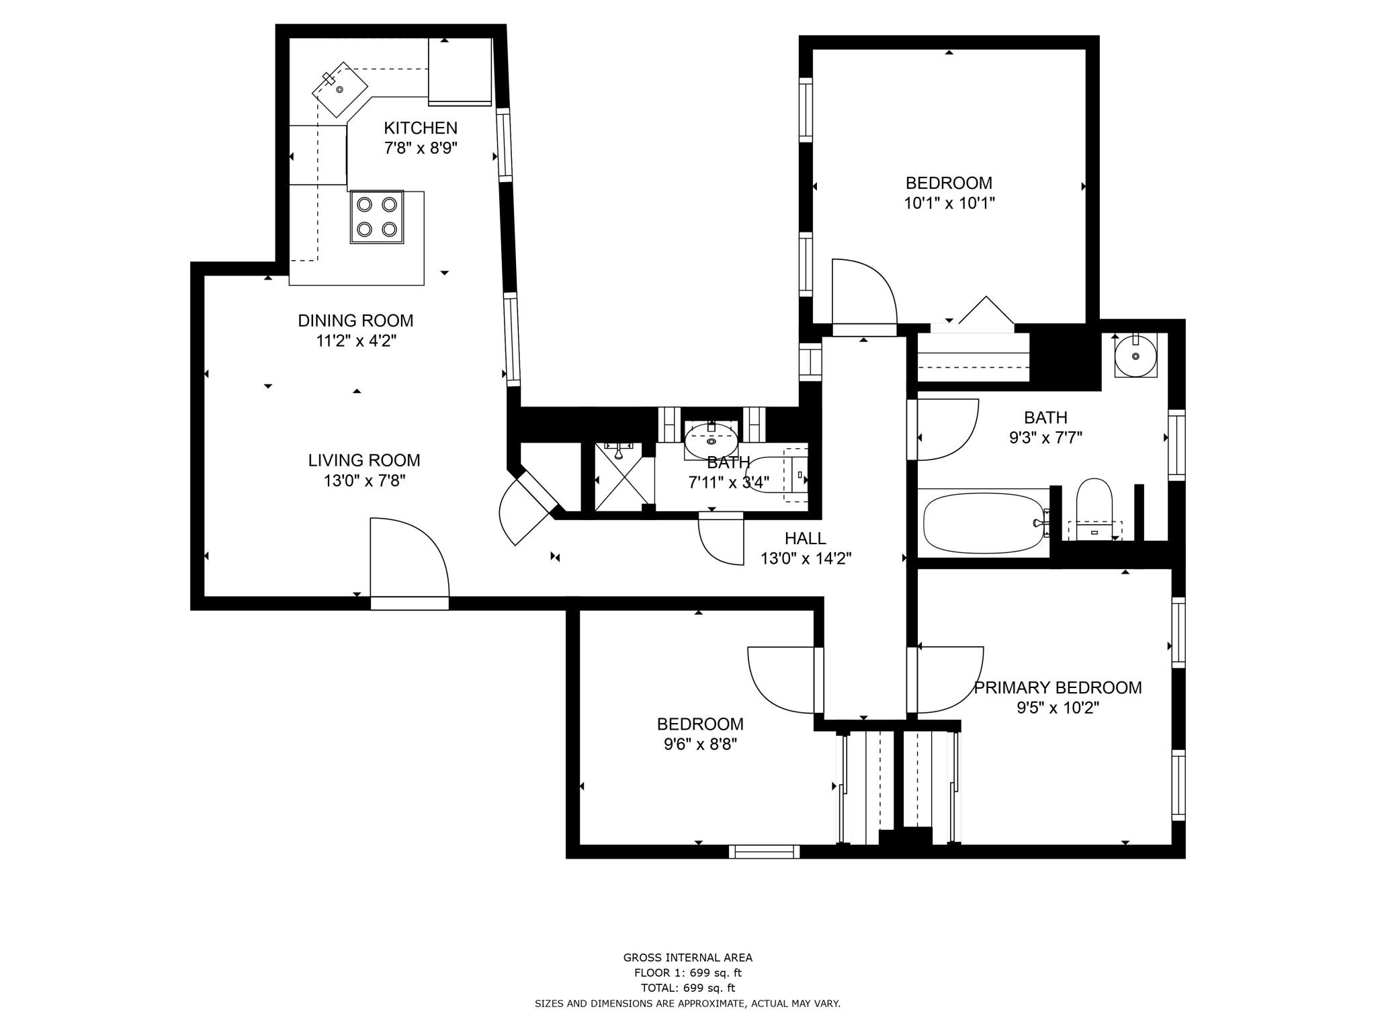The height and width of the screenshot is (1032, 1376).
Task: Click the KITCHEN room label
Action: pos(421,128)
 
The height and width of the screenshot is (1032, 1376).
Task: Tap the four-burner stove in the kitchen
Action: pos(377,217)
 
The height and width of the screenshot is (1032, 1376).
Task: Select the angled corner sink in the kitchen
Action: pos(340,89)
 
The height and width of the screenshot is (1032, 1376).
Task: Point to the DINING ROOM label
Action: pos(355,320)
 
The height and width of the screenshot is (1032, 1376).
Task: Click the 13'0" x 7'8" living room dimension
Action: pos(364,480)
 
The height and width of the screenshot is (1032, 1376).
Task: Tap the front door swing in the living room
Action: pos(409,558)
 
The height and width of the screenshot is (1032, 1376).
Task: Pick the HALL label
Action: pos(806,538)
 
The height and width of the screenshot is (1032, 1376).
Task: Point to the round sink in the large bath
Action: pos(1135,355)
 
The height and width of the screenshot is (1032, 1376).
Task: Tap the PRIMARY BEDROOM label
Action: pos(1058,687)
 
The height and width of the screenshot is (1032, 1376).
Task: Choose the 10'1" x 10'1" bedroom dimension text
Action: pos(949,203)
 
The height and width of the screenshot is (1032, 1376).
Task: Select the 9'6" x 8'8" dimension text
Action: pos(700,744)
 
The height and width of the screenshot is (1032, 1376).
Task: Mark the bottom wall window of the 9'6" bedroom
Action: pos(765,851)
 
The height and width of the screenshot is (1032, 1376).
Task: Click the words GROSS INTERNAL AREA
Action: pos(688,957)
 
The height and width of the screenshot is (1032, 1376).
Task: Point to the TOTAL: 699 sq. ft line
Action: pos(688,988)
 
